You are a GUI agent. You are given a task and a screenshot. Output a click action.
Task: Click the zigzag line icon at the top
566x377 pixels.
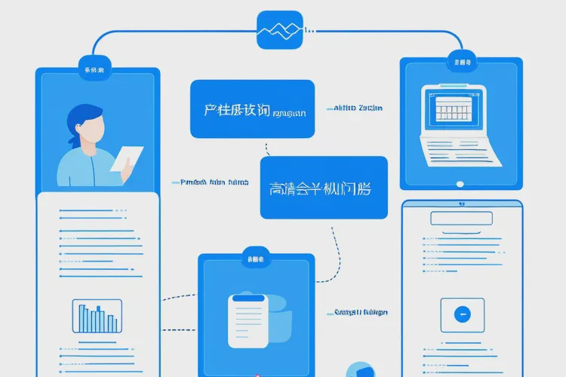[x=279, y=30]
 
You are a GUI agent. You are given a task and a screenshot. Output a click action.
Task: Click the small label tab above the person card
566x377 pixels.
[x=97, y=69]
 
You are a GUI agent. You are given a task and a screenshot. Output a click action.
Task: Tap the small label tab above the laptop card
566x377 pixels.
[x=460, y=61]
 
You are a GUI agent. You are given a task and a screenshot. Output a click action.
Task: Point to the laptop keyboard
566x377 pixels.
[x=460, y=152]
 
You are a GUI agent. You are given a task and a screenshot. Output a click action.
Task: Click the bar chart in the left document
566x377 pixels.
[x=97, y=316]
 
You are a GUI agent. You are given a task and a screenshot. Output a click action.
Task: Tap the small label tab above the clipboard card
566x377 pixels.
[x=254, y=259]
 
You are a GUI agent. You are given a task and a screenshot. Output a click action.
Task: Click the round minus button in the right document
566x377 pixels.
[x=462, y=314]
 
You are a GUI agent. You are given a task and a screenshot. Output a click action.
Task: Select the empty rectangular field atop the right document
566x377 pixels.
[x=461, y=218]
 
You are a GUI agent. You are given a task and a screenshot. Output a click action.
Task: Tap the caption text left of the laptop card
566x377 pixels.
[x=356, y=109]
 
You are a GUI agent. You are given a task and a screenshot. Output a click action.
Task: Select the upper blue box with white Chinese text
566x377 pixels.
[x=252, y=109]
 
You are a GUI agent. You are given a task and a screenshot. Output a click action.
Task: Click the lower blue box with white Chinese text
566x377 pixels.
[x=323, y=188]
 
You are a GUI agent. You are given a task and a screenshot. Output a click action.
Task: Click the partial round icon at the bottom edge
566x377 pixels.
[x=361, y=370]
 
